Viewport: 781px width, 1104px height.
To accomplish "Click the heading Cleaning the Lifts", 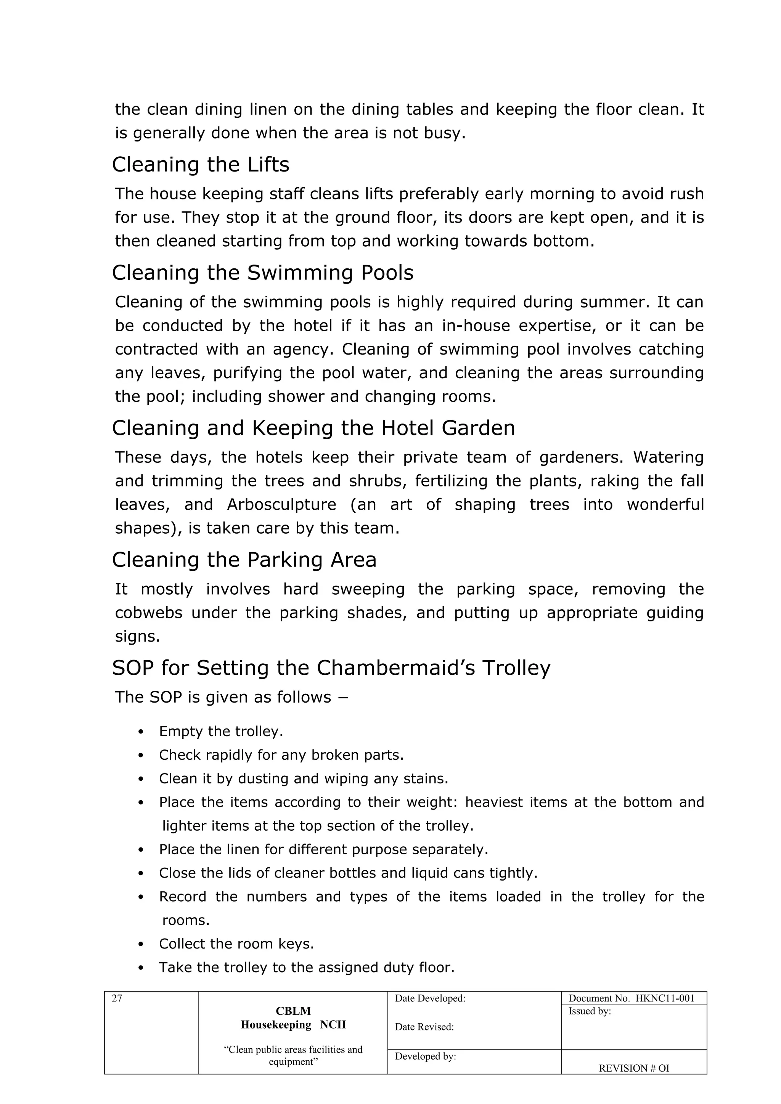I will [x=201, y=165].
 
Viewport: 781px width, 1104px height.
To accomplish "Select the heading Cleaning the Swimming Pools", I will [x=263, y=273].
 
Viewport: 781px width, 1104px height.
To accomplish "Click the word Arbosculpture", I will [x=282, y=505].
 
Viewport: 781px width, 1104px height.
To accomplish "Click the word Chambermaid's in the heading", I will [x=395, y=668].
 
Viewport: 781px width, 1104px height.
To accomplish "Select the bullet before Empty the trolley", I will [x=141, y=732].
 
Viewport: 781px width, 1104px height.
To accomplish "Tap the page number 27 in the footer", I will [x=117, y=999].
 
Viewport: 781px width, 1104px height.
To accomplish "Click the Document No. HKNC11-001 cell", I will [x=631, y=999].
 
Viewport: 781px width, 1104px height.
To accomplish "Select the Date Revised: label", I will [x=424, y=1027].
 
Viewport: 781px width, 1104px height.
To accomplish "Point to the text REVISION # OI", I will [x=633, y=1069].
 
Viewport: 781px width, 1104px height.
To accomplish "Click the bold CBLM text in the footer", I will [x=293, y=1011].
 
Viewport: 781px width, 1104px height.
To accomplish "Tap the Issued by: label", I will [x=590, y=1011].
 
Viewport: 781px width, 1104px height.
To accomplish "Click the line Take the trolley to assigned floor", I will [x=306, y=968].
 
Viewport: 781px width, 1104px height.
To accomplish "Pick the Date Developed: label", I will [x=430, y=999].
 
